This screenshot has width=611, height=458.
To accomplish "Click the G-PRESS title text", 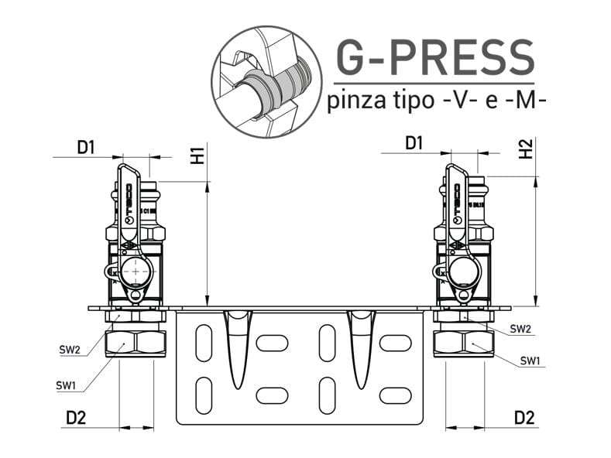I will tap(434, 56).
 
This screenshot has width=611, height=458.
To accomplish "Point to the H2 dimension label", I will tap(526, 150).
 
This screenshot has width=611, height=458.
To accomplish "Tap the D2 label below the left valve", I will tap(76, 418).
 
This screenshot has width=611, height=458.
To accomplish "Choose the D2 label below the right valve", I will tap(524, 418).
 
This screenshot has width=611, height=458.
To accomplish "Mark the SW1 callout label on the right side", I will tap(530, 361).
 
